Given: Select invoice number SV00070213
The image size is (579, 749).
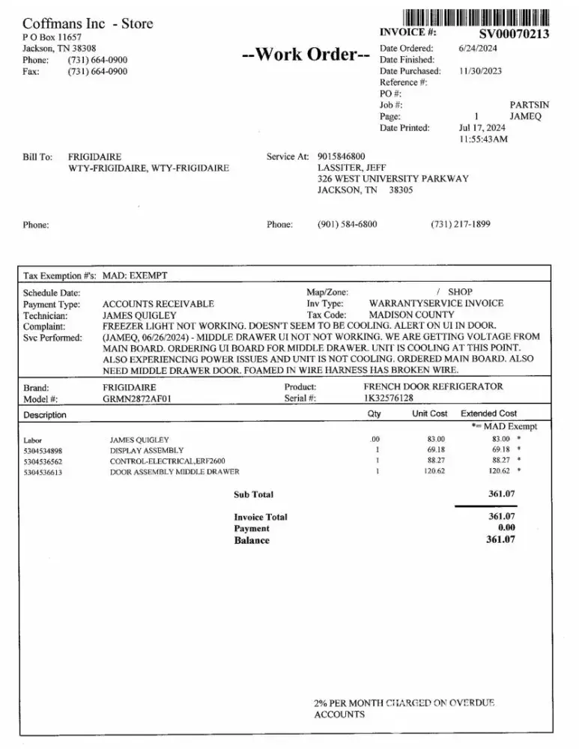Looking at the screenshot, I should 513,34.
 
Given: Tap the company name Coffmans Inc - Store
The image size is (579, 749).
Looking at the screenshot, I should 88,23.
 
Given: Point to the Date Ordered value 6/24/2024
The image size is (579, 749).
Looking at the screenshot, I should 478,48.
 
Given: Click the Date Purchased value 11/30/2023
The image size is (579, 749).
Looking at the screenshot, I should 480,71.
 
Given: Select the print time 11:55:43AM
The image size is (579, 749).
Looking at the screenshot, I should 483,139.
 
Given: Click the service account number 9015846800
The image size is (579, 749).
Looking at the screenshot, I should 342,157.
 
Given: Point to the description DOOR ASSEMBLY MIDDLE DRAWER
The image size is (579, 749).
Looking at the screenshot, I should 175,472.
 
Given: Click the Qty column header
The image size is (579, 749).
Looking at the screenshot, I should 375,413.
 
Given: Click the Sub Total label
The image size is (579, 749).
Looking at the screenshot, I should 254,494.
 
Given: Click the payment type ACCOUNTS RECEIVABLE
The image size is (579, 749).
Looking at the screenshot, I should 158,304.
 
